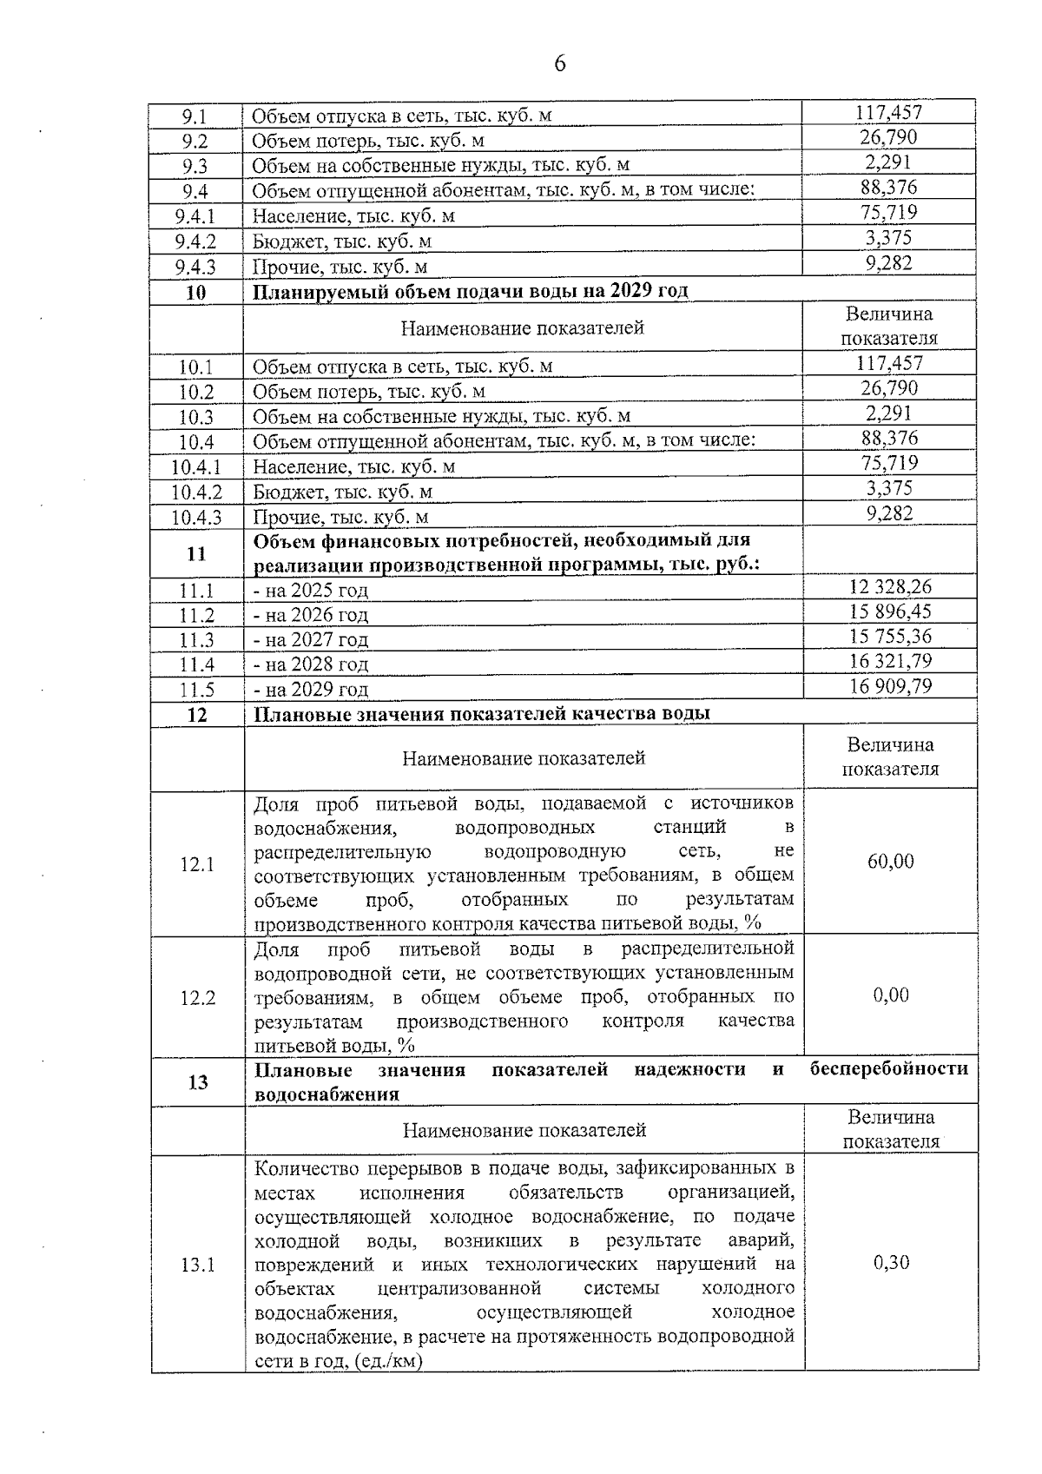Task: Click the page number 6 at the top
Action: (x=559, y=63)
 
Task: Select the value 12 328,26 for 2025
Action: (x=890, y=587)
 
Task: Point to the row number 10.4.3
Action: (x=196, y=518)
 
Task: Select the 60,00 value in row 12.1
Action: (x=890, y=862)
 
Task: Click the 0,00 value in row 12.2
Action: (x=890, y=995)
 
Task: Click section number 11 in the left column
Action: (x=196, y=554)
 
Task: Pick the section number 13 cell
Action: (x=198, y=1082)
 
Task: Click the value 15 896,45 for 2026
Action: (x=890, y=611)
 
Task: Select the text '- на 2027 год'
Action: (x=311, y=640)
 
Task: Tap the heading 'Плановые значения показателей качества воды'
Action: (x=482, y=714)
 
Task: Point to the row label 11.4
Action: (x=196, y=665)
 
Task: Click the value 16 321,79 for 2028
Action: (x=890, y=662)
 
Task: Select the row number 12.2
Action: (x=197, y=998)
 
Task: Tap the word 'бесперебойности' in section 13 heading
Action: (x=888, y=1069)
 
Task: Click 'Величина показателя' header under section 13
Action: (x=891, y=1129)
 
